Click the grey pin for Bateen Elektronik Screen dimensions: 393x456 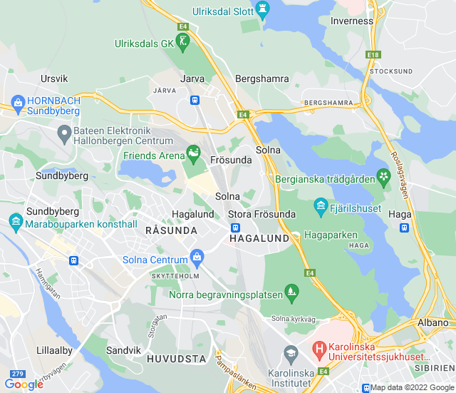(64, 131)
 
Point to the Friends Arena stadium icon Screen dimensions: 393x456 (193, 152)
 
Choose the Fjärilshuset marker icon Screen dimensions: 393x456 (321, 208)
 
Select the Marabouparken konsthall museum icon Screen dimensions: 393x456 (16, 224)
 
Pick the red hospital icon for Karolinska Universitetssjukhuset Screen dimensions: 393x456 (320, 349)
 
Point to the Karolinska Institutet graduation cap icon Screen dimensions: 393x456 (291, 353)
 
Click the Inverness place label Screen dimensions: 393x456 (351, 21)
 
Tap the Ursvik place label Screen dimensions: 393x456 (54, 78)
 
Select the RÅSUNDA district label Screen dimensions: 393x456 (171, 230)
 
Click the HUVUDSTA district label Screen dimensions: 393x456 (176, 358)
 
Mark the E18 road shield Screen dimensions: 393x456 (374, 54)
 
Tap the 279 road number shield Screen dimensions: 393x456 (17, 373)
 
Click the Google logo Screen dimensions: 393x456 (24, 384)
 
